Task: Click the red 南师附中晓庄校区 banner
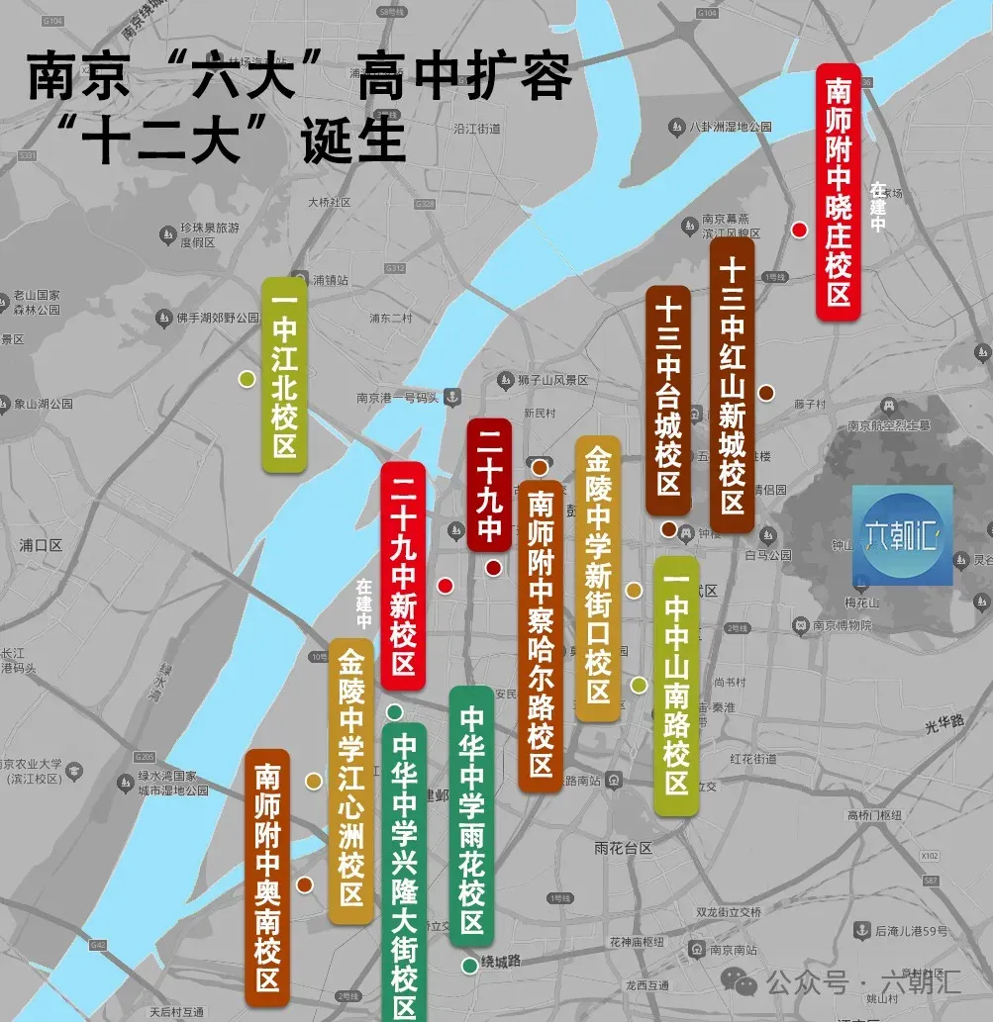pyautogui.click(x=839, y=192)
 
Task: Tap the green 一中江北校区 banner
pyautogui.click(x=284, y=374)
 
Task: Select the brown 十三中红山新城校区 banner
pyautogui.click(x=733, y=385)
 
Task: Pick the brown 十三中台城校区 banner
pyautogui.click(x=668, y=401)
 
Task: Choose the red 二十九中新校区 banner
pyautogui.click(x=403, y=575)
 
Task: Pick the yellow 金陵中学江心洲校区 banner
pyautogui.click(x=350, y=781)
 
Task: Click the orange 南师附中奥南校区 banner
pyautogui.click(x=267, y=877)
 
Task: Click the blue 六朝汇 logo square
pyautogui.click(x=902, y=534)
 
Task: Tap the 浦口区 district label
pyautogui.click(x=41, y=545)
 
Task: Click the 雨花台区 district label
pyautogui.click(x=624, y=848)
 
